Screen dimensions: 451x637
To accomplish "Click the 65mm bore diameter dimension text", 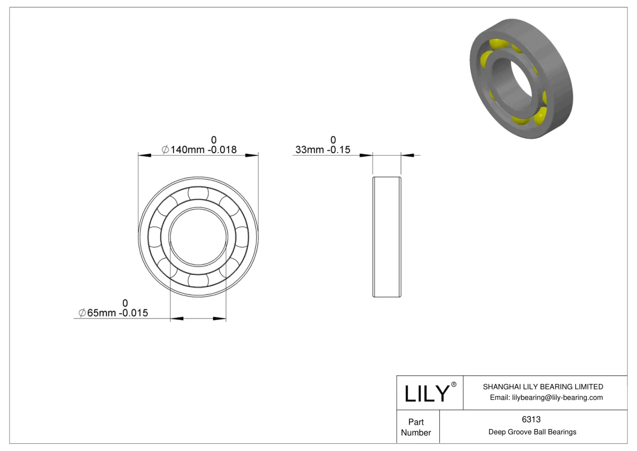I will (x=102, y=313).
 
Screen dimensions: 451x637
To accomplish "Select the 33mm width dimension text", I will (x=309, y=150).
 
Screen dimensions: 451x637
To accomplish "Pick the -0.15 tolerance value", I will (x=338, y=150).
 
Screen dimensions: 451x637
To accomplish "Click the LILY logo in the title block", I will (x=426, y=393).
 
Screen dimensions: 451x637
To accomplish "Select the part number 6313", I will (x=531, y=420).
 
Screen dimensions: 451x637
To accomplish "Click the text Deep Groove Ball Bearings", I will (x=532, y=432).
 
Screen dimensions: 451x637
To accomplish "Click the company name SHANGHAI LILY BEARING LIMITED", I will (x=543, y=387).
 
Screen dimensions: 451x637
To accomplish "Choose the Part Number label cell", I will (x=416, y=427).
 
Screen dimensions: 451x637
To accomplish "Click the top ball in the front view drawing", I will (x=198, y=193).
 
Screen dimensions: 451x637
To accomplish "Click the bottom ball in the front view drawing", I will (x=198, y=280).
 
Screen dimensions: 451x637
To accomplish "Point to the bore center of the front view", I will (x=198, y=237).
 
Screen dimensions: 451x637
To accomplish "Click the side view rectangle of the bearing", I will (x=387, y=237).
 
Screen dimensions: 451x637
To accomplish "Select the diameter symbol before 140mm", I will (x=165, y=150).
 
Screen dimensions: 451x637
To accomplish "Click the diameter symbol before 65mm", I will (x=82, y=313).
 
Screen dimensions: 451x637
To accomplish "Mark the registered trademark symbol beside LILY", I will (x=453, y=384).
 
